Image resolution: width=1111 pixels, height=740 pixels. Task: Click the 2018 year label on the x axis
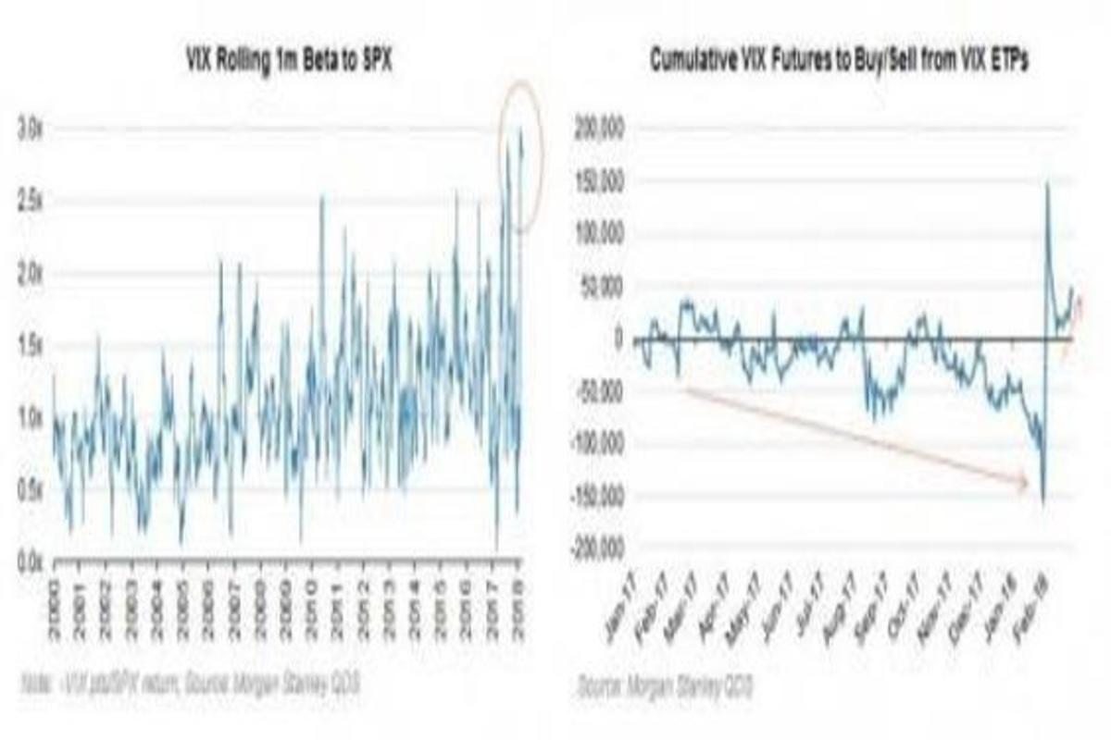[x=520, y=594]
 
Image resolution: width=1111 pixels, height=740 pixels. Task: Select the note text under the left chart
[x=189, y=684]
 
